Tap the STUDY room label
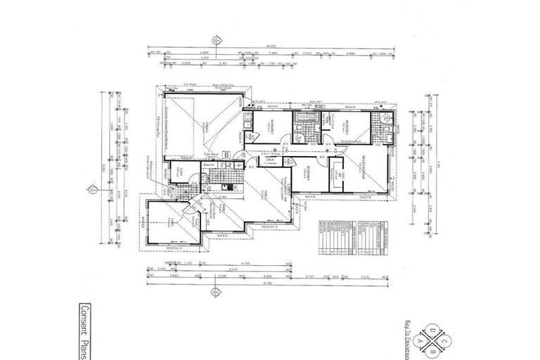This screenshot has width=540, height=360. (179, 175)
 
